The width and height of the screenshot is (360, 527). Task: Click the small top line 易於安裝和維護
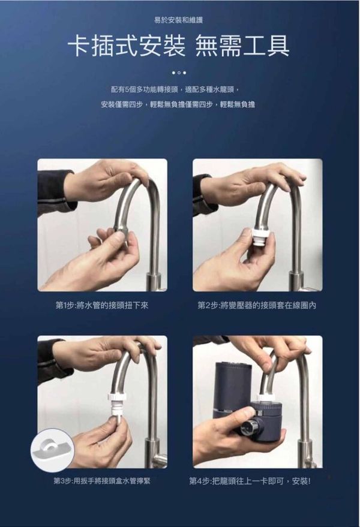[x=178, y=20]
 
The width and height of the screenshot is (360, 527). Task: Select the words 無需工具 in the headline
[x=242, y=46]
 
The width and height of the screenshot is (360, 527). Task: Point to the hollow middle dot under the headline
[x=179, y=73]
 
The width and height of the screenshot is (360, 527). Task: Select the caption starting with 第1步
[x=102, y=305]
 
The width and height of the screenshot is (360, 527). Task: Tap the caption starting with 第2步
[x=257, y=305]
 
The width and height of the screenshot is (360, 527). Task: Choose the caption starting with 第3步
[x=102, y=481]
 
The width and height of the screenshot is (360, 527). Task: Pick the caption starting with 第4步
[x=250, y=481]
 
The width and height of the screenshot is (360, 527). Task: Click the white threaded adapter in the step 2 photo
[x=262, y=236]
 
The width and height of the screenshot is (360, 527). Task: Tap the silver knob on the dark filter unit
[x=250, y=426]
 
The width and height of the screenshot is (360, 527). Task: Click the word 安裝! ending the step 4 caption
[x=301, y=481]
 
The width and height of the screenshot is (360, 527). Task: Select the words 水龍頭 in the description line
[x=227, y=90]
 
